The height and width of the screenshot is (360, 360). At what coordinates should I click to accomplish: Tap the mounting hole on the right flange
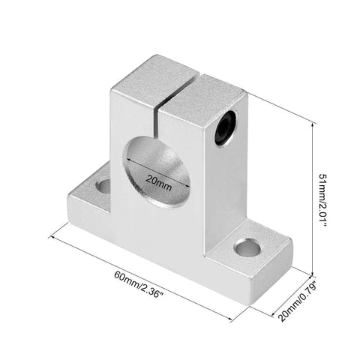(247, 247)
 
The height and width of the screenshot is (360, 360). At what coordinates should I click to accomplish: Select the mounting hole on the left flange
(103, 184)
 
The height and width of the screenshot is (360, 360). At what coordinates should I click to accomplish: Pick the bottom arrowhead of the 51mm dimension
(310, 273)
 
